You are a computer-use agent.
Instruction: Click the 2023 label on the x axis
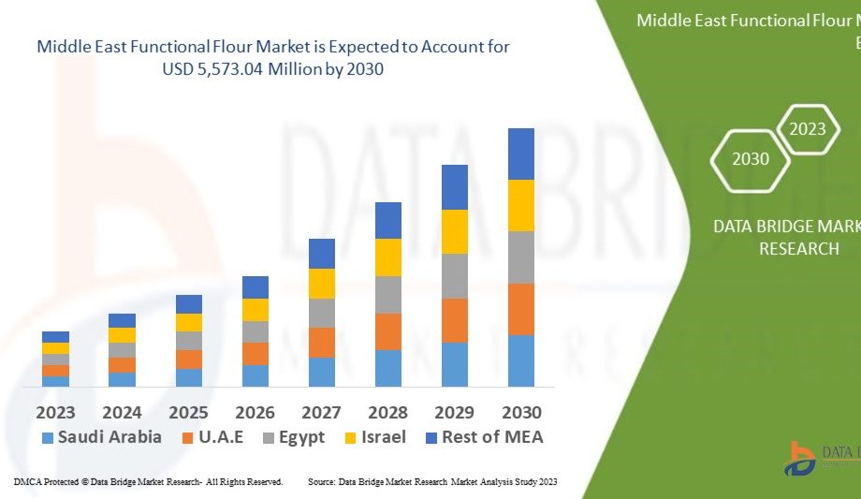tap(55, 412)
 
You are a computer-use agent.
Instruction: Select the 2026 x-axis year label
tap(255, 412)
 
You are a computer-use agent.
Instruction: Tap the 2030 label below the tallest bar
tap(521, 412)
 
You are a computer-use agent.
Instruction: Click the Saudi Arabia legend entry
tap(102, 437)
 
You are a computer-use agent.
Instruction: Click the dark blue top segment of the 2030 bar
tap(521, 154)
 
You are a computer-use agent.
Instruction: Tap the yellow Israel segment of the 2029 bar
tap(455, 231)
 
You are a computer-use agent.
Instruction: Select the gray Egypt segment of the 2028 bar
tap(388, 295)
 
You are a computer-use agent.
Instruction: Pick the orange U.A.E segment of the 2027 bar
tap(322, 343)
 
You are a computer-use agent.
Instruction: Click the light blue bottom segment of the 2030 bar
tap(521, 360)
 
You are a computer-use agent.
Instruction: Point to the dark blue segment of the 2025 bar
tap(189, 304)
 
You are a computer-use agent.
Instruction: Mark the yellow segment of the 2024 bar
tap(122, 335)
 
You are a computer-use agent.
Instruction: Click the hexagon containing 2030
tap(751, 158)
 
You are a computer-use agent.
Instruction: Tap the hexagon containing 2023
tap(807, 128)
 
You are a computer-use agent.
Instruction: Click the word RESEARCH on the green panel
tap(798, 249)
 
